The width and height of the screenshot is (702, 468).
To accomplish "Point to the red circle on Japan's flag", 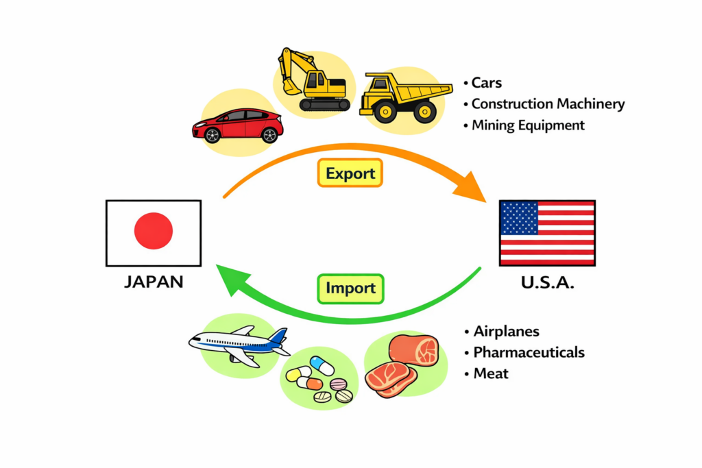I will (154, 231).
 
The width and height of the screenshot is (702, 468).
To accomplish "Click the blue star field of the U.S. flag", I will (520, 218).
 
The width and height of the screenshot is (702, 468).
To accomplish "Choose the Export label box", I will (350, 173).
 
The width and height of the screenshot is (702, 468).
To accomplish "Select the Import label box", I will (350, 288).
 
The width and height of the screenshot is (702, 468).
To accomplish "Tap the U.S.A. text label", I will (547, 282).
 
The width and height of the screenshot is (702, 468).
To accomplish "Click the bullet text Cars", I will (487, 83).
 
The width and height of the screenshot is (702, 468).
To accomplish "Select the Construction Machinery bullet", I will (548, 104).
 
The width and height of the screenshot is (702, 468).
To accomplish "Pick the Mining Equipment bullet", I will (528, 125).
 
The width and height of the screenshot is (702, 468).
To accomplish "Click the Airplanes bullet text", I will (506, 332).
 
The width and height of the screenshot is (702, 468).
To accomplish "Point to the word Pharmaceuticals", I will (529, 353).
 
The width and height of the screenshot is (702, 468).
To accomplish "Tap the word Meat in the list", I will (491, 374).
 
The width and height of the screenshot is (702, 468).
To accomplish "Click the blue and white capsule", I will (322, 365).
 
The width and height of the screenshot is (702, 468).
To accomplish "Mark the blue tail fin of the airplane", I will (278, 336).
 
